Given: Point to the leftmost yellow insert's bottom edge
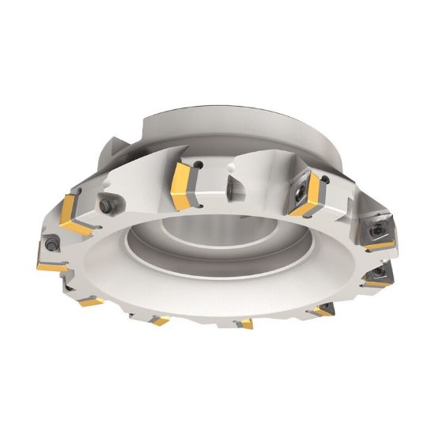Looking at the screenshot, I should tap(51, 267).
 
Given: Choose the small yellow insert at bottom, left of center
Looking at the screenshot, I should tap(161, 320).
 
